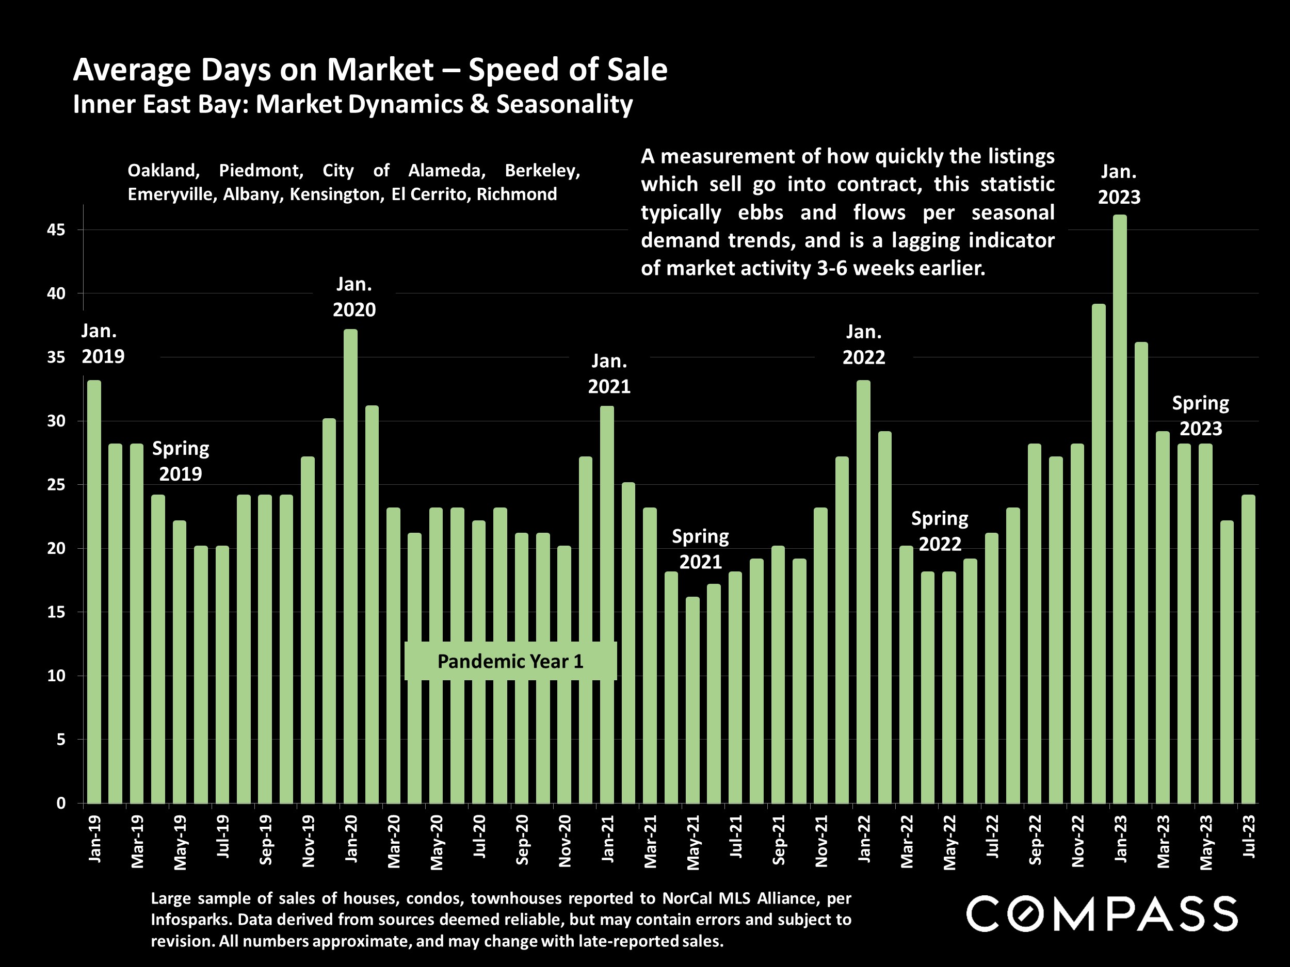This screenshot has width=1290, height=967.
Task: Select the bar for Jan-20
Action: point(350,566)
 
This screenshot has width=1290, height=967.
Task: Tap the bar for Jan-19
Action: point(94,592)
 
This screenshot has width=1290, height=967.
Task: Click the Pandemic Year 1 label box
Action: point(510,661)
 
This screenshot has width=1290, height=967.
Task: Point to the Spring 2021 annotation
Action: point(700,549)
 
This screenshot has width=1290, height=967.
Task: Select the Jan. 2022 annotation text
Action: point(864,345)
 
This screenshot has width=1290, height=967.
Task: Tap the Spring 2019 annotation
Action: point(181,461)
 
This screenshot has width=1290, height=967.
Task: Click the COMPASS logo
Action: point(1102,914)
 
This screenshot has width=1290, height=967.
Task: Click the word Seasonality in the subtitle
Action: point(564,105)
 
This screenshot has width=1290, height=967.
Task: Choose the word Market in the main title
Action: point(380,70)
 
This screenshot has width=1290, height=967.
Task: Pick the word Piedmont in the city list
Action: point(261,171)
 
